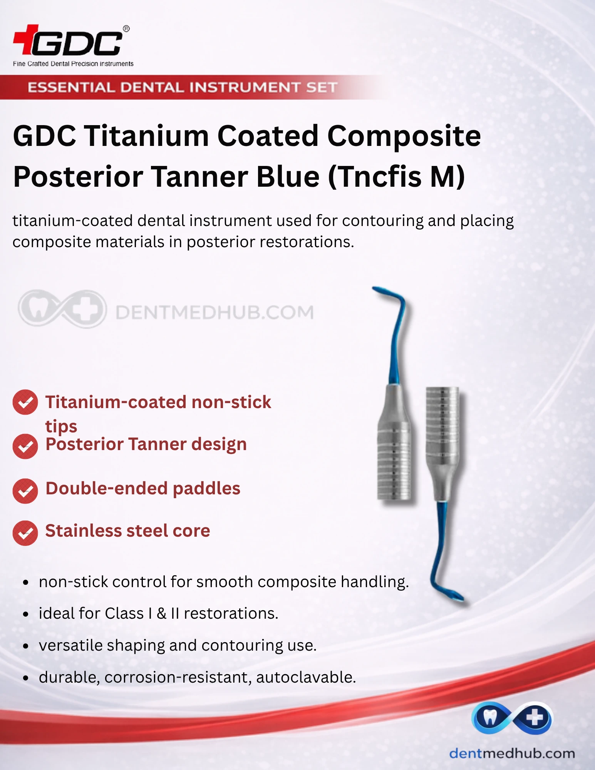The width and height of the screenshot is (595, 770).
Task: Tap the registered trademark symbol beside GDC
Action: tap(126, 28)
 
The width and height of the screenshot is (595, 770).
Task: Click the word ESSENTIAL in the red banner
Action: tap(71, 87)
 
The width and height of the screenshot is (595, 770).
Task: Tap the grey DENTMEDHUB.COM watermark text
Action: tap(215, 312)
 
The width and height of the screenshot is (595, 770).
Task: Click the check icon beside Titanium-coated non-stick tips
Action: tap(25, 402)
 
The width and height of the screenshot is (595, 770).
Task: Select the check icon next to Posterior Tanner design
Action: tap(25, 446)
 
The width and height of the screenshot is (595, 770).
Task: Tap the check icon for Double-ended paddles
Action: tap(25, 491)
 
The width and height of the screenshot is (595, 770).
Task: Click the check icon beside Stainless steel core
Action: tap(25, 533)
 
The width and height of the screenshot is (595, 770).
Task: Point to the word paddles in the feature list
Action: tap(206, 489)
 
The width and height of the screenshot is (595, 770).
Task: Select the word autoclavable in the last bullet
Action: tap(306, 677)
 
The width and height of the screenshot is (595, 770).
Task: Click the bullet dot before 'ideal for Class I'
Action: tap(26, 614)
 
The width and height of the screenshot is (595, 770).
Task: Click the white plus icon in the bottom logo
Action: tap(535, 718)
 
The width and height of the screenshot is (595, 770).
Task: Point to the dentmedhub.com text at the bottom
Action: tap(512, 753)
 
